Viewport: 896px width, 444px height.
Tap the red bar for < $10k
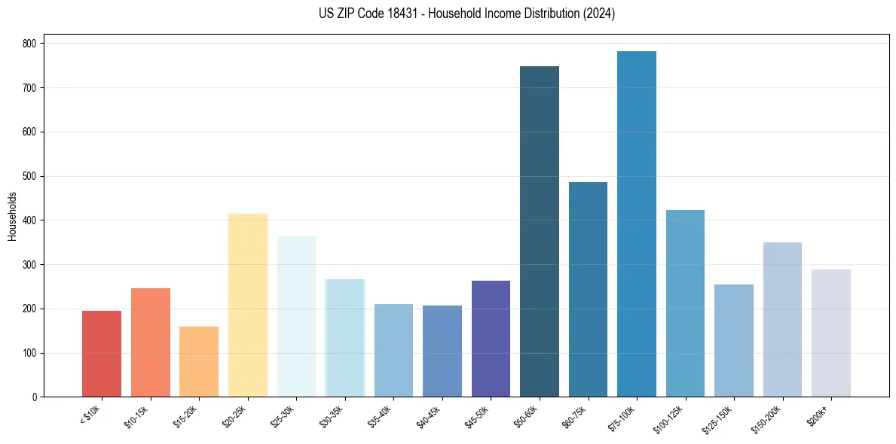click(x=102, y=354)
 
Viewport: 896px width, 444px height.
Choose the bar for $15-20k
click(x=199, y=361)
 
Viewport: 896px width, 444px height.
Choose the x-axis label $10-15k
click(x=137, y=415)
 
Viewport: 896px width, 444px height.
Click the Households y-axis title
click(x=12, y=216)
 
